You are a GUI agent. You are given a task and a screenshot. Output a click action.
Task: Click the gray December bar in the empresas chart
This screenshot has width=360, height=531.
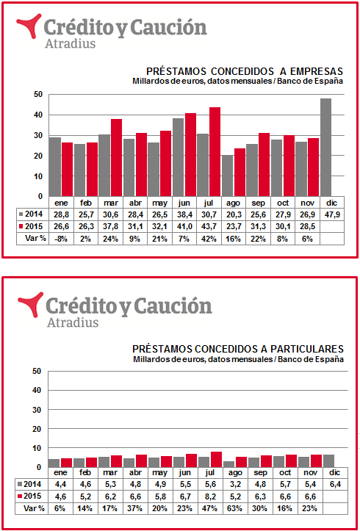coord(325,148)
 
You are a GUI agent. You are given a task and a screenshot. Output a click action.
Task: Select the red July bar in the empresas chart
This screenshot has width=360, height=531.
coord(215,152)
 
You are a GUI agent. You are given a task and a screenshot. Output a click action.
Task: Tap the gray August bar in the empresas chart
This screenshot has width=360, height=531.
coord(227,176)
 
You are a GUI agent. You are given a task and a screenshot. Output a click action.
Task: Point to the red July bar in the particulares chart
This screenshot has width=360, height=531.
coord(216,459)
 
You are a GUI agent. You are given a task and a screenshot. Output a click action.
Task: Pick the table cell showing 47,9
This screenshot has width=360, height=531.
coord(332,215)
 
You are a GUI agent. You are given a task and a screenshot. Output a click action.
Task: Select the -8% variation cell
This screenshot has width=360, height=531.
coord(61,239)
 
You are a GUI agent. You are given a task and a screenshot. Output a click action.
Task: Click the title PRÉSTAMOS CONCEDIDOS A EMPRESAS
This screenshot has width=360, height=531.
coord(245,72)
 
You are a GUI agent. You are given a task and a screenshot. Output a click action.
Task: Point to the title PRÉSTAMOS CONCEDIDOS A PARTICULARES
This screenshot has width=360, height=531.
coord(238,349)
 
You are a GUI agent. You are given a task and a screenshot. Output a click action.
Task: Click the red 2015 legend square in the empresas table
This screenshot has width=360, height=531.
coord(22,226)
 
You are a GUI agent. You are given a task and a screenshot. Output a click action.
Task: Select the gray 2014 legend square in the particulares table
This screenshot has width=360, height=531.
coord(21,485)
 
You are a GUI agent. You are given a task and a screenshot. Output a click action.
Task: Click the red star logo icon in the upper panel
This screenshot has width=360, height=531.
coord(29,26)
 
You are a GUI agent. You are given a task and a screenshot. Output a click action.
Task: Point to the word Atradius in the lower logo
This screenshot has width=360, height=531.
coord(73,322)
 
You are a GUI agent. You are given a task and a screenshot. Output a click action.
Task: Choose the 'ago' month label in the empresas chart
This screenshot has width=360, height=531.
coord(234,203)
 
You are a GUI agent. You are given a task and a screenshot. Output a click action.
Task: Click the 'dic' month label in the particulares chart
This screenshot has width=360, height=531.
coord(332,473)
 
